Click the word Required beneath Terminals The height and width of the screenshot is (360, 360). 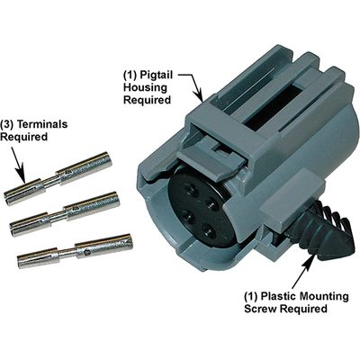29,139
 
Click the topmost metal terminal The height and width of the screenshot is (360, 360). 58,178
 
